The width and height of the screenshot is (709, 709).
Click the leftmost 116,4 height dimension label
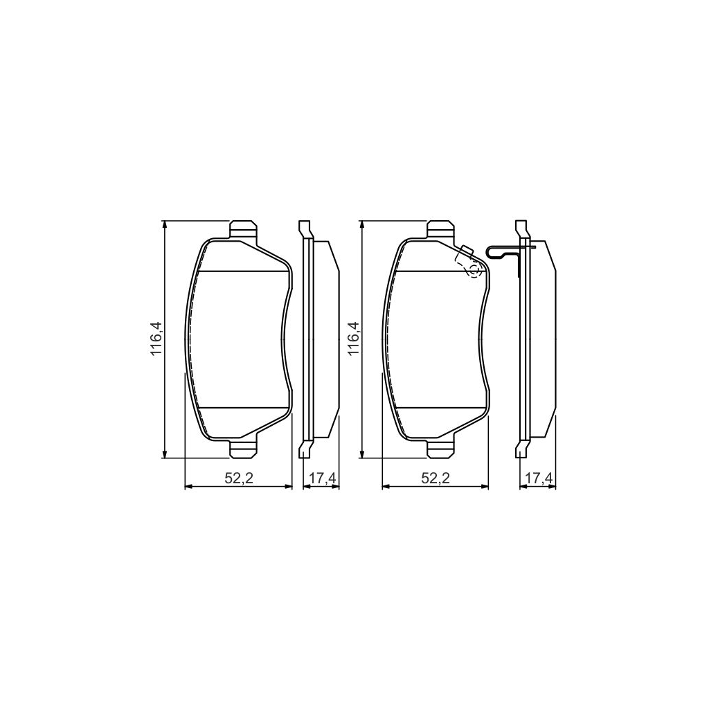pyautogui.click(x=157, y=339)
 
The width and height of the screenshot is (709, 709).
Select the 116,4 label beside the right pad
pyautogui.click(x=354, y=339)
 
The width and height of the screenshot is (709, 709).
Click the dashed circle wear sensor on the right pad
pyautogui.click(x=474, y=271)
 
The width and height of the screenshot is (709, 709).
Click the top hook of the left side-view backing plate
pyautogui.click(x=303, y=228)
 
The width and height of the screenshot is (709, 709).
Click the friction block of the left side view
pyautogui.click(x=326, y=339)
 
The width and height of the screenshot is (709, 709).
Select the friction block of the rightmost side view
pyautogui.click(x=543, y=339)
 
